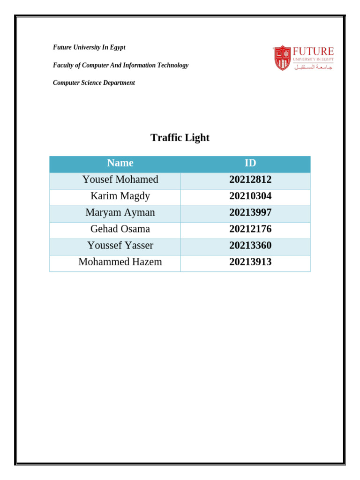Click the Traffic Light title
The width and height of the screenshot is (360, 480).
[180, 138]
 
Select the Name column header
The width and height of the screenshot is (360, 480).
[120, 163]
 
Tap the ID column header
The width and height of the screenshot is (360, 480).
[250, 163]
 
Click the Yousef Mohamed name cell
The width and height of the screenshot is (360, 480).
[120, 180]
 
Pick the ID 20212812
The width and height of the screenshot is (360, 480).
[250, 180]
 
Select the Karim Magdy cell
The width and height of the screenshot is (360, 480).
[120, 196]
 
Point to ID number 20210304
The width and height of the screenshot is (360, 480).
[250, 196]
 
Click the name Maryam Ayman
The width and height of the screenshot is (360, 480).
[120, 212]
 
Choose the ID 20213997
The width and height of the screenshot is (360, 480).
[250, 212]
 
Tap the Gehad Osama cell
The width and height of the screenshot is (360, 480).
[120, 229]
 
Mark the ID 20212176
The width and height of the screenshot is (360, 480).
[250, 229]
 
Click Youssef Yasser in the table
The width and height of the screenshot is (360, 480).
[120, 245]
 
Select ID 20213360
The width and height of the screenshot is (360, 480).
[250, 245]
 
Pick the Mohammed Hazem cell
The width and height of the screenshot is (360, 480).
[120, 262]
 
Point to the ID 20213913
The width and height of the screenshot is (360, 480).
[250, 262]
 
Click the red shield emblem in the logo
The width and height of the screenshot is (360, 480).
[282, 58]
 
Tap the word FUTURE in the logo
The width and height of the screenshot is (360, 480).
[313, 51]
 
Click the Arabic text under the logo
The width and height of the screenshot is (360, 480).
[313, 67]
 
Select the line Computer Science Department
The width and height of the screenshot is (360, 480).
[94, 83]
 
